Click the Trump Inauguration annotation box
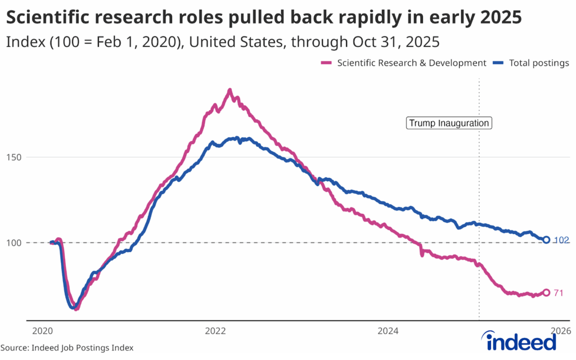coord(448,123)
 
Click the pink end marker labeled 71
coord(546,292)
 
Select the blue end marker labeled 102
coord(546,240)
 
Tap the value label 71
coord(558,292)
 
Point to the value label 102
coord(561,240)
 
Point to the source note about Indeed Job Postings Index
coord(67,348)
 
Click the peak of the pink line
coord(229,90)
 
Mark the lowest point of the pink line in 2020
coord(76,309)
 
